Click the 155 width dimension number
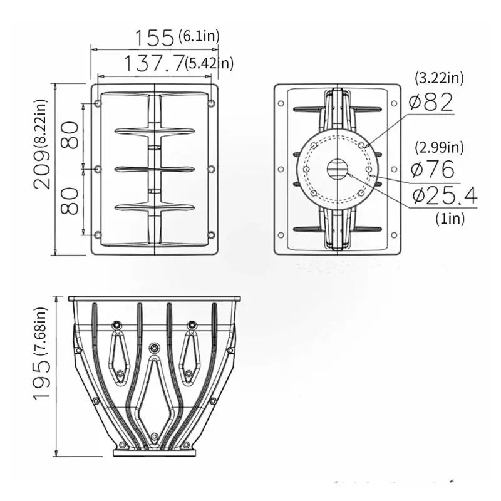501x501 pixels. click(x=154, y=38)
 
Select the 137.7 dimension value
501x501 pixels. click(x=154, y=63)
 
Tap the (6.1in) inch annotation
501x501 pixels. click(x=199, y=36)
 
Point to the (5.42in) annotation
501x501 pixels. click(x=209, y=63)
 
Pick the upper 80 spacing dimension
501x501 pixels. click(x=70, y=135)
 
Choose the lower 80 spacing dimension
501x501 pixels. click(x=70, y=201)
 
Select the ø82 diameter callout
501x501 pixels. click(x=431, y=102)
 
